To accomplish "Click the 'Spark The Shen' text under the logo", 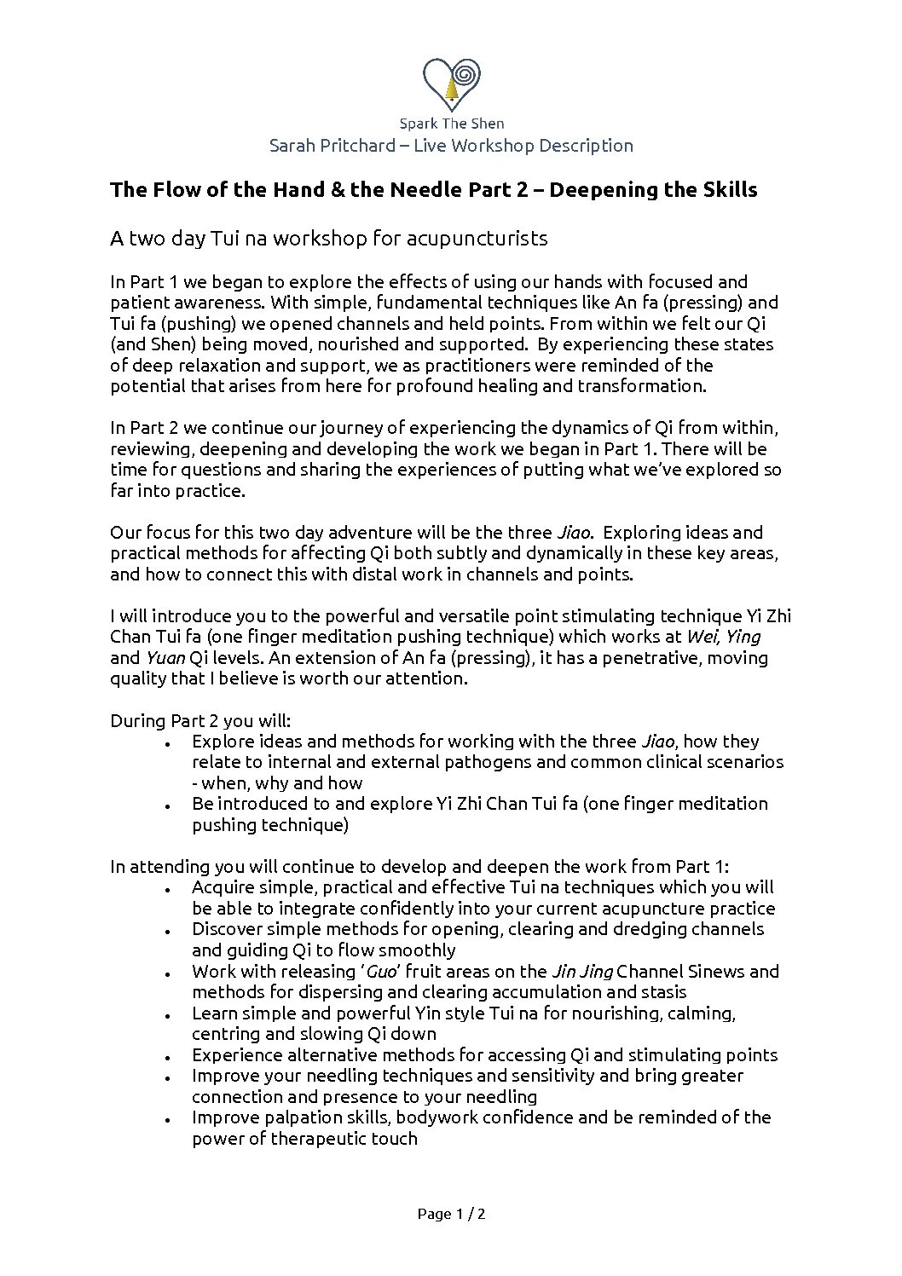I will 451,124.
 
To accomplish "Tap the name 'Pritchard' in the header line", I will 353,146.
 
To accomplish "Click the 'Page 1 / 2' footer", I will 451,1215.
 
